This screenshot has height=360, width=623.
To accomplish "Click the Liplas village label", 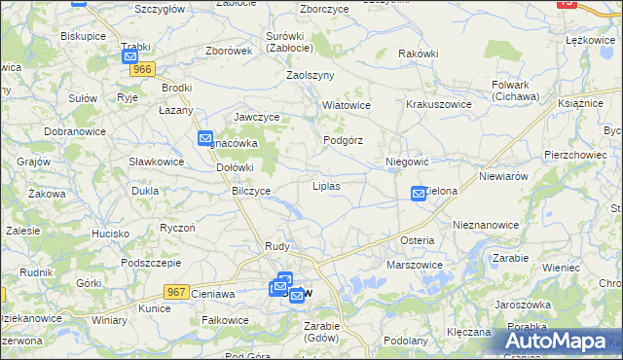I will [x=326, y=184].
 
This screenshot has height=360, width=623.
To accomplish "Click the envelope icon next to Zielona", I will [x=419, y=194].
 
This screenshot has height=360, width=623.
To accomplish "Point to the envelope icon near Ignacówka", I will [x=205, y=139].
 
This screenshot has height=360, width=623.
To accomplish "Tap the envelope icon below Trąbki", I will [x=131, y=57].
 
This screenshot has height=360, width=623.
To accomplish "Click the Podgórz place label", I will [x=343, y=140].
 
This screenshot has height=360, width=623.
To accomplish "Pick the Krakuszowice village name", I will [x=438, y=104].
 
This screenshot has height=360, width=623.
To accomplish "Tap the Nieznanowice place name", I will [x=486, y=224].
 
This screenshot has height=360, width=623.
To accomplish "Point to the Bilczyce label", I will [x=251, y=191].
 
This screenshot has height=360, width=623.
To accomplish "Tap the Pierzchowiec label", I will [x=577, y=155].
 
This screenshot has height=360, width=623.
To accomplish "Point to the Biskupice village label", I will [x=83, y=35].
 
